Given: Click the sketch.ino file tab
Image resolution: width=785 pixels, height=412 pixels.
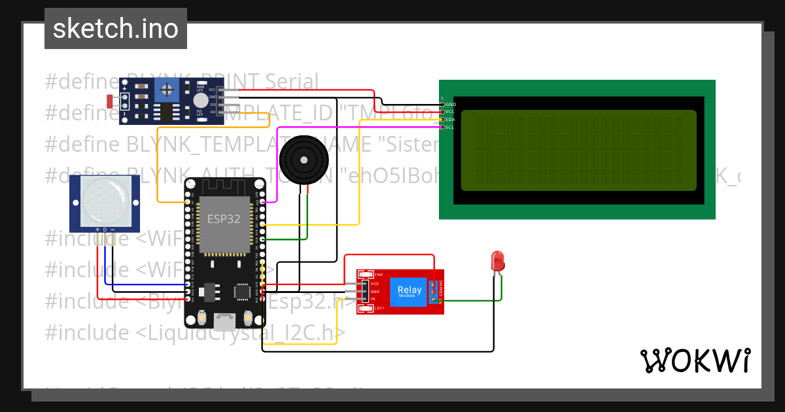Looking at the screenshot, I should pos(116,29).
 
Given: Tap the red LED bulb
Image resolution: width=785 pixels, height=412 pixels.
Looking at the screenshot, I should pos(498,260).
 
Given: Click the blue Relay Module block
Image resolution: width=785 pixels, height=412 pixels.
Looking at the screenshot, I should pos(410,292).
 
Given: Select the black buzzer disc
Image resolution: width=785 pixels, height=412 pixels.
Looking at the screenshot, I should pos(303,159).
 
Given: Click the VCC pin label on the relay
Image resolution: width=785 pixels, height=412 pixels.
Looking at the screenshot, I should pos(375,284).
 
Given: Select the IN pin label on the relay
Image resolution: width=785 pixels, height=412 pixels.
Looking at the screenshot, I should pos(373,299).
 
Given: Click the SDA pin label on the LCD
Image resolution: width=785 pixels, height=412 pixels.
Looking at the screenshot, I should pos(450,119).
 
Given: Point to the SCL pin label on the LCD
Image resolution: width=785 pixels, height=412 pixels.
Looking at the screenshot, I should pos(450,127).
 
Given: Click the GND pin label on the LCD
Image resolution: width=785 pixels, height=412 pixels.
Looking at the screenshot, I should pos(450,104).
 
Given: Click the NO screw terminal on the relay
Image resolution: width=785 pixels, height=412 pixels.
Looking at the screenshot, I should pos(434,300).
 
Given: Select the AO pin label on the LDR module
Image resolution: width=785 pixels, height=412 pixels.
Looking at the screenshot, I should pos(213,112).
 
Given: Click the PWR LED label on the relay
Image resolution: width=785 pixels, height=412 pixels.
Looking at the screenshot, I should pos(379,275).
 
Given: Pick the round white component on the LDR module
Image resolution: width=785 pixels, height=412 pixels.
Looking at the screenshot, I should pos(200,100).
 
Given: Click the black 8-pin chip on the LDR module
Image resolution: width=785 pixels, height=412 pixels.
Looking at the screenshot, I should pos(169,112).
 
